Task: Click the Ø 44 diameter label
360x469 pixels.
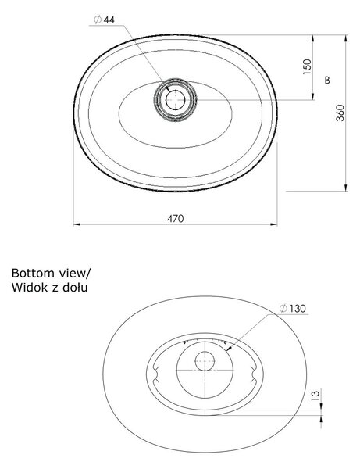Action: pos(104,20)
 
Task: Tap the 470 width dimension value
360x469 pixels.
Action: pos(176,219)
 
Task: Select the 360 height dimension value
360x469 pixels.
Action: pos(340,113)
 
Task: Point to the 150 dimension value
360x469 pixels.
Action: pos(307,66)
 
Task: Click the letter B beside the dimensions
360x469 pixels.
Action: pos(327,81)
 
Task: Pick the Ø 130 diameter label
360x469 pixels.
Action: pos(293,309)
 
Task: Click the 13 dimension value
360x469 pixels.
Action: pos(315,396)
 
